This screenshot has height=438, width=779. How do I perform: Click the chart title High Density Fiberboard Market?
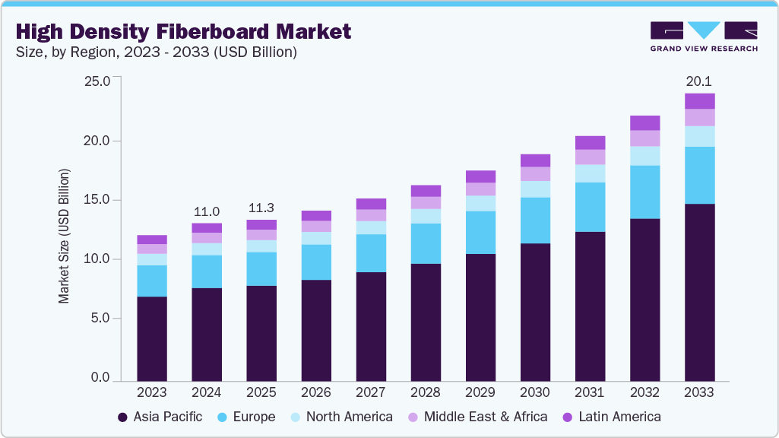click(x=183, y=31)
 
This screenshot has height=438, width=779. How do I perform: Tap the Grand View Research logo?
click(x=703, y=36)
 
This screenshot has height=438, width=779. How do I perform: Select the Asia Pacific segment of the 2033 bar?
click(x=699, y=292)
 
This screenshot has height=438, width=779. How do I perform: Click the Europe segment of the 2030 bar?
click(x=535, y=221)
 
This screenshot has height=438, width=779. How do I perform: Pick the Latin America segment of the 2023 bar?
click(x=152, y=240)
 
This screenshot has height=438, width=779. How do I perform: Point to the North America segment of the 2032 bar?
click(x=644, y=156)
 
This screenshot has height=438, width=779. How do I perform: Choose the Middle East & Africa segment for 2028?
click(x=426, y=203)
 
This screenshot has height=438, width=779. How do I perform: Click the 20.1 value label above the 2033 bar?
click(x=699, y=81)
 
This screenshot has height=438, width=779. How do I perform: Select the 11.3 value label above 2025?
click(x=261, y=208)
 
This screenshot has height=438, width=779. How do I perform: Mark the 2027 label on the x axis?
click(x=371, y=393)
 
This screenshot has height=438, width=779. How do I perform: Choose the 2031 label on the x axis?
click(x=590, y=393)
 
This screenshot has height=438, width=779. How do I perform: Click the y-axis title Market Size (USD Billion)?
click(x=65, y=236)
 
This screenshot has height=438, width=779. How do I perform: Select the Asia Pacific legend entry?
click(x=160, y=417)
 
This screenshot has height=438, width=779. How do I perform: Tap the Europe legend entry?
click(x=247, y=417)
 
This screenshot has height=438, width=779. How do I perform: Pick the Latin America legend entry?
click(x=612, y=417)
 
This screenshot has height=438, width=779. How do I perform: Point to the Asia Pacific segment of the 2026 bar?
click(x=316, y=330)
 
